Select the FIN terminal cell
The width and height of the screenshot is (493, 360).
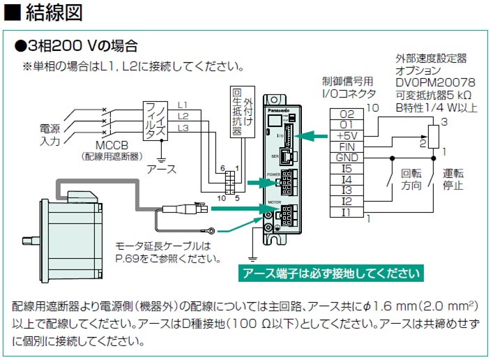[x=346, y=147]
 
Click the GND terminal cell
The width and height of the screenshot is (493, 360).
[x=346, y=157]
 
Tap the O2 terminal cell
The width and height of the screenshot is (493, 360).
[x=346, y=114]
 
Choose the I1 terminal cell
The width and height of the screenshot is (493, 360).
[x=346, y=211]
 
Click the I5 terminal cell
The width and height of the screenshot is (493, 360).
[x=346, y=168]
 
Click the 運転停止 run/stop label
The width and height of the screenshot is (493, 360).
[x=454, y=180]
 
